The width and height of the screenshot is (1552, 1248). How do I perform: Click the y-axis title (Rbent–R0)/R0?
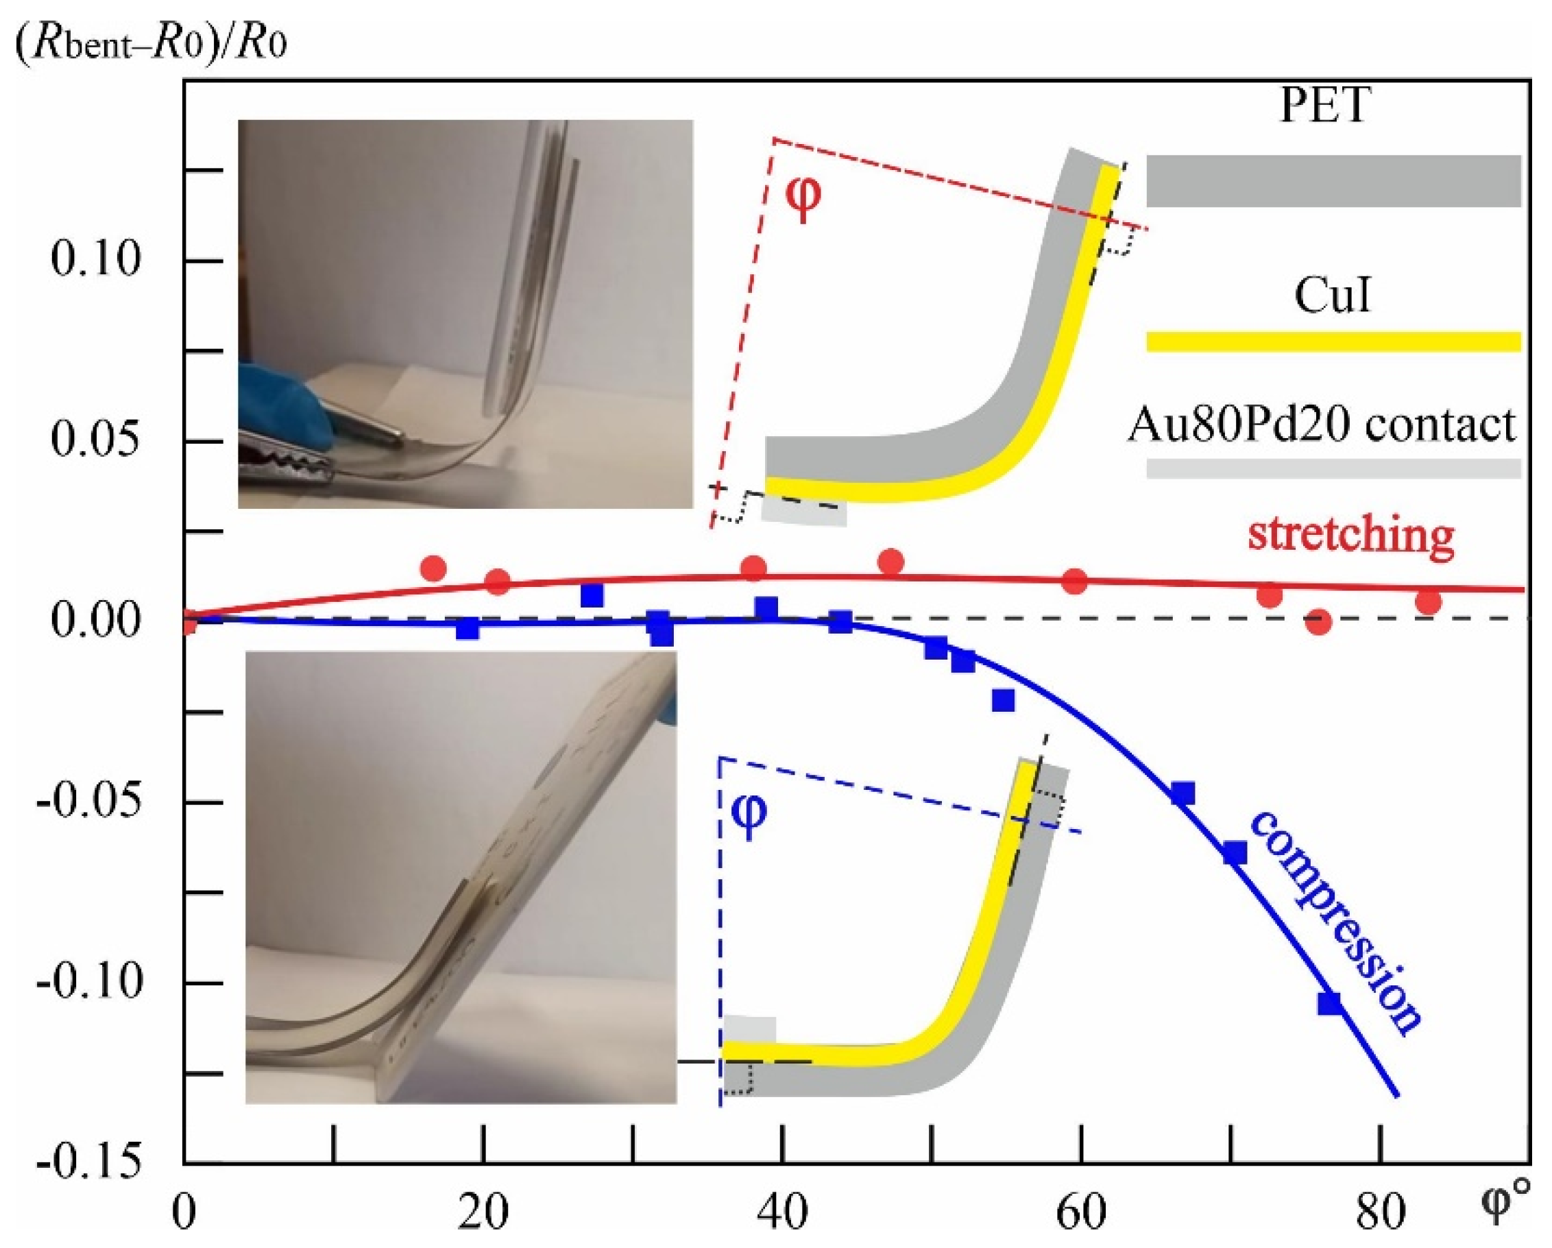click(x=151, y=44)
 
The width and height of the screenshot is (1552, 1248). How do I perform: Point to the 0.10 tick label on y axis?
click(x=96, y=259)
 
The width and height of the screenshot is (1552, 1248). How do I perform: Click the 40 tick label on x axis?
click(x=782, y=1213)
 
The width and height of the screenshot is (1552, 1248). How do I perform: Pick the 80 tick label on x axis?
click(x=1380, y=1213)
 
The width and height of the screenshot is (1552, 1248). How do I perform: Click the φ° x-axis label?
click(x=1505, y=1204)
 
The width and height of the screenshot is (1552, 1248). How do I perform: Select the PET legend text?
click(x=1324, y=106)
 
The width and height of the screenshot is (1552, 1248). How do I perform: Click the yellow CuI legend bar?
click(x=1333, y=341)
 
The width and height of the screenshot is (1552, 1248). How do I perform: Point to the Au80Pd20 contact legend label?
click(x=1322, y=425)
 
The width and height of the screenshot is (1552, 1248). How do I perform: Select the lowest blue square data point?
click(x=1330, y=1003)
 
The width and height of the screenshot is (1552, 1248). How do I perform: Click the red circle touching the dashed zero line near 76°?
click(x=1318, y=621)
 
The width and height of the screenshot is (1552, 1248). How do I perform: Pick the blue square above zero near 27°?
click(x=592, y=595)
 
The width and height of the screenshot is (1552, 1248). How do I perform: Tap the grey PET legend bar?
click(x=1333, y=181)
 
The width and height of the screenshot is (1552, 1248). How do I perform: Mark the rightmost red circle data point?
click(x=1428, y=602)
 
